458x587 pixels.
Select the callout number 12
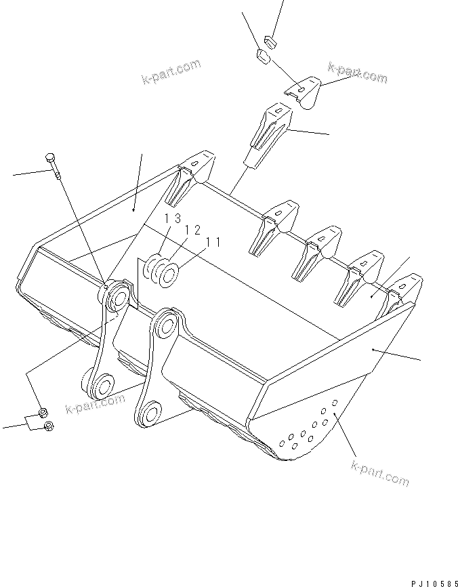pyautogui.click(x=192, y=230)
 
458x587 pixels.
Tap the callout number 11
pyautogui.click(x=213, y=241)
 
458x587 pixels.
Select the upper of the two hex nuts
pyautogui.click(x=42, y=413)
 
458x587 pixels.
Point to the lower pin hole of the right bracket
pyautogui.click(x=150, y=413)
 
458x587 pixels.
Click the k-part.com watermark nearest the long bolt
pyautogui.click(x=171, y=71)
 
